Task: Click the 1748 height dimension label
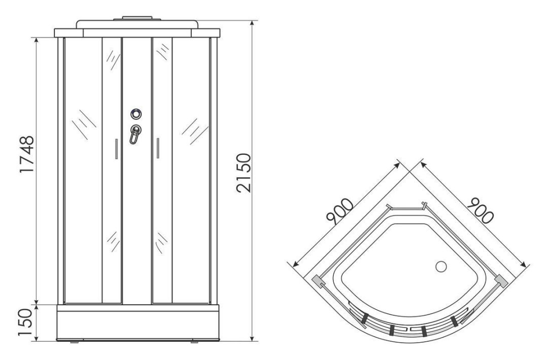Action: [26, 154]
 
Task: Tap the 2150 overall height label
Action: [244, 173]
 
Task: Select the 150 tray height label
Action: [26, 322]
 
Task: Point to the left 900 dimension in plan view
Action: [339, 211]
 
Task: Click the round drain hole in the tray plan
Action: [441, 267]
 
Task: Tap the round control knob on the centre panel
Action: [136, 114]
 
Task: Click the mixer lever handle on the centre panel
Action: [135, 135]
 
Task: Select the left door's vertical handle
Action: [116, 149]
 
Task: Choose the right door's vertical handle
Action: [158, 148]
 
